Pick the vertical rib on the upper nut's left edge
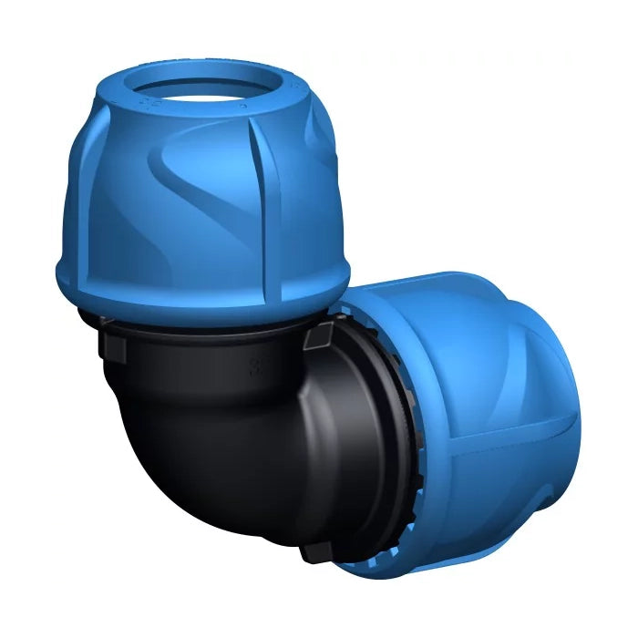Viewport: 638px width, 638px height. pyautogui.click(x=78, y=191)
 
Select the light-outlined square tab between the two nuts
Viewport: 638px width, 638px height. pyautogui.click(x=318, y=338)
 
